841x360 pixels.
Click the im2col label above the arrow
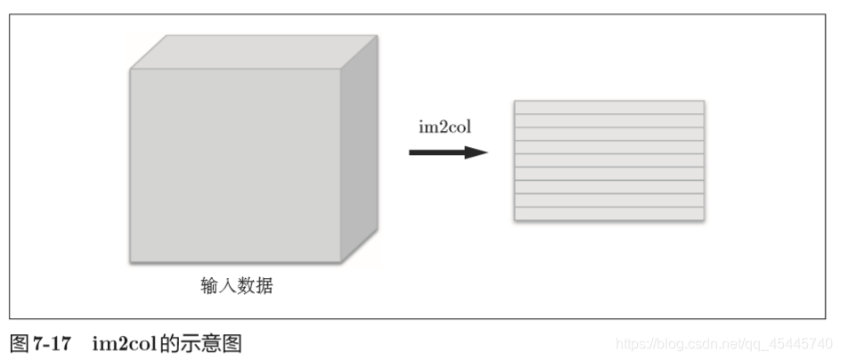(x=445, y=127)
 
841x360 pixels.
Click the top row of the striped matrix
(x=608, y=107)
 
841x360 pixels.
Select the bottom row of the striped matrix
(x=608, y=214)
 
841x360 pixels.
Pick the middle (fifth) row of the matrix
(x=608, y=160)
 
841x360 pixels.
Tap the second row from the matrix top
(x=608, y=120)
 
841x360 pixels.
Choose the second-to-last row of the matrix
(x=608, y=200)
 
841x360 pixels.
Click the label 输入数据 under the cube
(x=236, y=286)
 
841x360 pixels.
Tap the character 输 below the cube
(x=209, y=286)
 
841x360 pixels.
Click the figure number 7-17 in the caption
(x=52, y=343)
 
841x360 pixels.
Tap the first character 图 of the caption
(x=19, y=343)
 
